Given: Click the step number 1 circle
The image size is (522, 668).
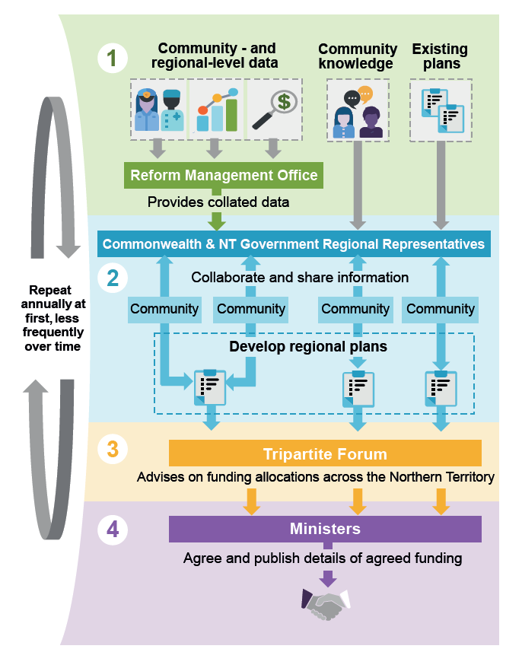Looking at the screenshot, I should [112, 59].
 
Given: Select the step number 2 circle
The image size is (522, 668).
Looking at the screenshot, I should [112, 278].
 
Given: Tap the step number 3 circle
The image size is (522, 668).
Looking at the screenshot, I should [112, 448].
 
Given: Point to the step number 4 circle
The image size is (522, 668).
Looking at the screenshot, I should [112, 530].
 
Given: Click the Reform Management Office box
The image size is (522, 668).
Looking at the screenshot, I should [224, 176].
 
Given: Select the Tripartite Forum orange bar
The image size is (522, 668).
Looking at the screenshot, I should [325, 454].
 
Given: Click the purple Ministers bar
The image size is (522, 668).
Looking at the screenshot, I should [325, 529].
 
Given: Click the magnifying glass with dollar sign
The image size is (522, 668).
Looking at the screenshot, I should [274, 110].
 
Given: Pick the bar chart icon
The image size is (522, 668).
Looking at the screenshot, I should [216, 110].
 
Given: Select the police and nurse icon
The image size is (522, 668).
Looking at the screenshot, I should [159, 110].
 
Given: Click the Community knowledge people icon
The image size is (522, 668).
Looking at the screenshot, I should [358, 111].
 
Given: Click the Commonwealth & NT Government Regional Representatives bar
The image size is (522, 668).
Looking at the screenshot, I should [294, 244].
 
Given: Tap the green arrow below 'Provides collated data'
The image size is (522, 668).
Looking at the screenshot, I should [218, 221].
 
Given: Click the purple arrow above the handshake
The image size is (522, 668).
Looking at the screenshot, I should [328, 577].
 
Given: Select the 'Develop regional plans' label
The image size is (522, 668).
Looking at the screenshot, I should [308, 347].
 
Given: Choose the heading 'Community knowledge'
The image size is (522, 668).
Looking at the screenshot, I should [358, 56].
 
